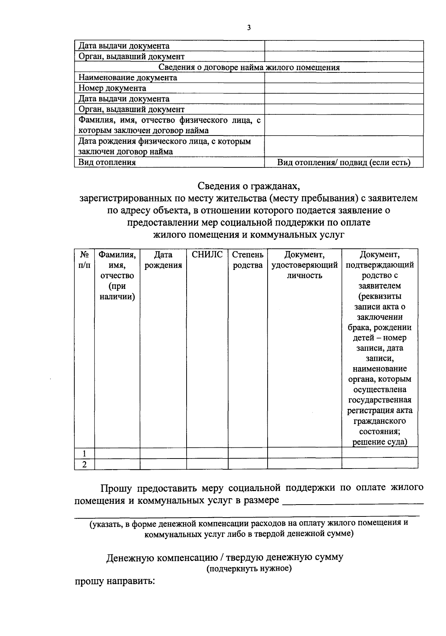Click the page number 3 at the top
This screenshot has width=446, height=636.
pyautogui.click(x=249, y=27)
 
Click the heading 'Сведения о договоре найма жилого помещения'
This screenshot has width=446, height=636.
pyautogui.click(x=249, y=67)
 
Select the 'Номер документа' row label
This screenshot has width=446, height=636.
pyautogui.click(x=112, y=88)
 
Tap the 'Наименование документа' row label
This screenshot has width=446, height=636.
pyautogui.click(x=127, y=78)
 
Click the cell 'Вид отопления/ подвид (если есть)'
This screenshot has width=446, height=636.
pyautogui.click(x=344, y=163)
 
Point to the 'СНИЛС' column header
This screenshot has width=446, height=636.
pyautogui.click(x=207, y=255)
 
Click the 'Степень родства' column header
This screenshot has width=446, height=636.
pyautogui.click(x=248, y=260)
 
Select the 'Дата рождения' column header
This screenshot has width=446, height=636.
pyautogui.click(x=163, y=260)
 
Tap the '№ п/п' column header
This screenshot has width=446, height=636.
pyautogui.click(x=84, y=260)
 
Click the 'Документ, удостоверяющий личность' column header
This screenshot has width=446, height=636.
pyautogui.click(x=304, y=265)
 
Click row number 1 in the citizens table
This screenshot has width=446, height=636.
pyautogui.click(x=84, y=453)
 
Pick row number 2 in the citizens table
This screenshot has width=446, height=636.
pyautogui.click(x=84, y=464)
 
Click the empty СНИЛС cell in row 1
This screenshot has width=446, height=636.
pyautogui.click(x=207, y=453)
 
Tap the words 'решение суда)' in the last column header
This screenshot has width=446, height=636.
pyautogui.click(x=379, y=442)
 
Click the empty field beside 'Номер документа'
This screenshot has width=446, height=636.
pyautogui.click(x=344, y=88)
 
